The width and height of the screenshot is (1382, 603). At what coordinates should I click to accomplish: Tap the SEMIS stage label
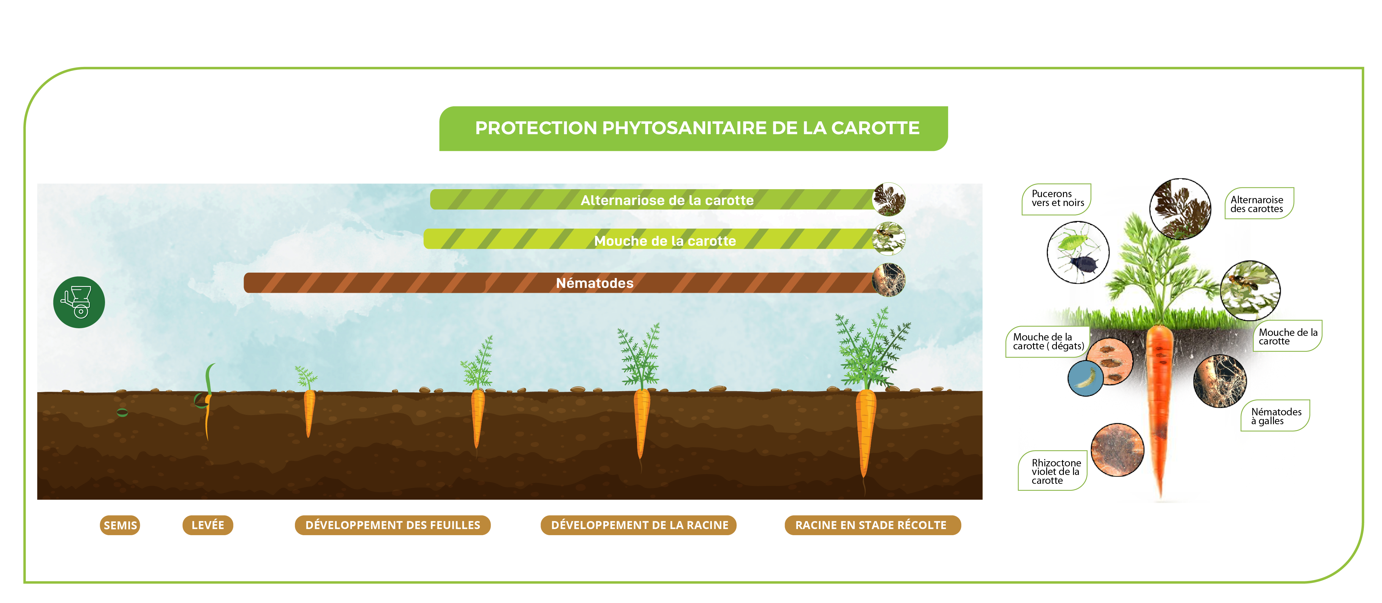(x=120, y=525)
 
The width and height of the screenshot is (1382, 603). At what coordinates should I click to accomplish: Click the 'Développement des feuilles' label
(x=393, y=525)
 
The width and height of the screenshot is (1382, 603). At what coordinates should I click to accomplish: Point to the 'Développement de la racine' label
(x=639, y=525)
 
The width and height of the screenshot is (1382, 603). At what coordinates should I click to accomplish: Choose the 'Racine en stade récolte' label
(x=872, y=525)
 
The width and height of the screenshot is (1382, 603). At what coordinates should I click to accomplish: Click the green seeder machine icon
(x=79, y=302)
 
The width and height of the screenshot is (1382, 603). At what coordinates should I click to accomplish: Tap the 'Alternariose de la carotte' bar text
(x=667, y=200)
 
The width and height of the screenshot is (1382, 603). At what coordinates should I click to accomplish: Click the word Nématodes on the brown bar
(x=594, y=283)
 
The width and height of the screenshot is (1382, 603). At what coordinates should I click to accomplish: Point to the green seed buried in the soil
(x=122, y=412)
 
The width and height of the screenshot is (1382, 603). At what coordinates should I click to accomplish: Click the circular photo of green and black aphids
(x=1078, y=252)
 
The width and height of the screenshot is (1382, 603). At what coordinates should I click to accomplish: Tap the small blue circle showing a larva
(x=1085, y=378)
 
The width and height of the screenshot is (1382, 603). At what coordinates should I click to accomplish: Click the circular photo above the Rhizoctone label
(x=1118, y=450)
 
